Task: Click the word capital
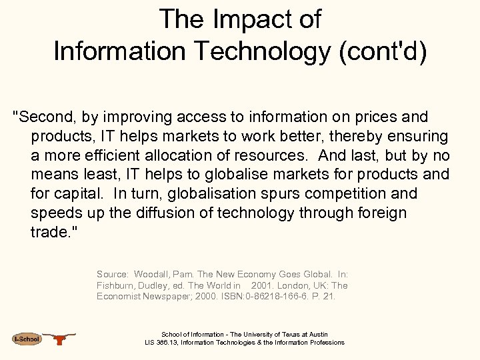tap(82, 194)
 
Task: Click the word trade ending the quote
tap(51, 233)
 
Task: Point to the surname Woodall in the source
tap(153, 274)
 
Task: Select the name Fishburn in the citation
tap(118, 285)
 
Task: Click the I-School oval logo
tap(27, 339)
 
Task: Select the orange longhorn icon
tap(61, 339)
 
